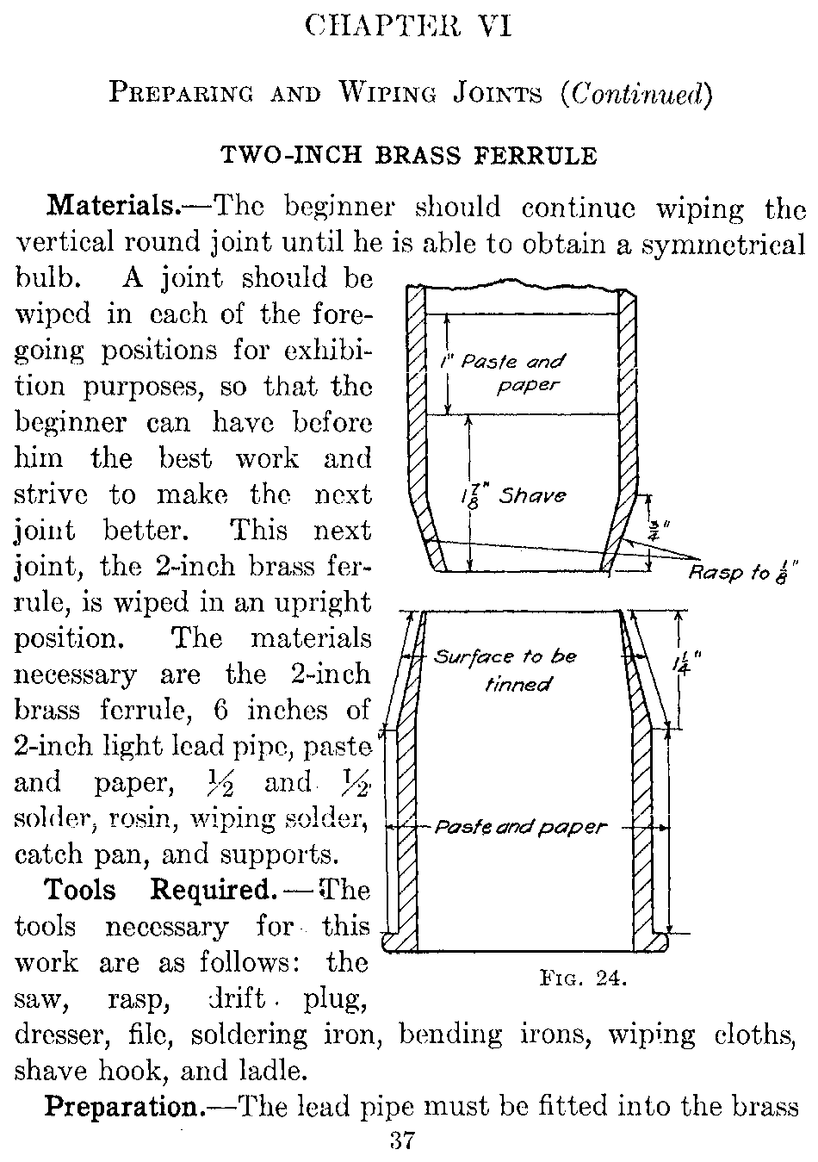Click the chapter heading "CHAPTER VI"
[x=409, y=27]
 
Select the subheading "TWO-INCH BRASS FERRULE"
[x=409, y=155]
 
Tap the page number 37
[x=403, y=1141]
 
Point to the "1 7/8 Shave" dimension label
[x=513, y=495]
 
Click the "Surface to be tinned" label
[x=505, y=669]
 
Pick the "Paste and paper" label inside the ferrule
[x=520, y=828]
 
